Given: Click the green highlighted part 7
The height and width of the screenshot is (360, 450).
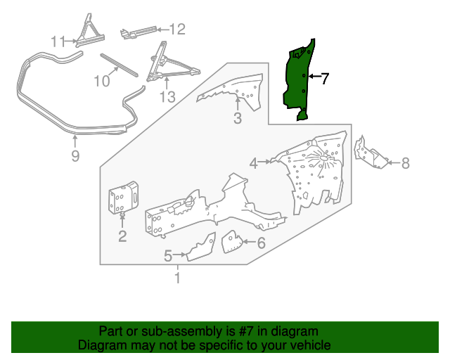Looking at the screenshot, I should coord(299,81).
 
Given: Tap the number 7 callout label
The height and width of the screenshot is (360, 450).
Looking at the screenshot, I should coord(325,79).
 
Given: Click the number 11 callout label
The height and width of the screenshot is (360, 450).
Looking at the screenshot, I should coord(58,41).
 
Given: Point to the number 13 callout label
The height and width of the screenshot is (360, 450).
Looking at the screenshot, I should coord(167,97).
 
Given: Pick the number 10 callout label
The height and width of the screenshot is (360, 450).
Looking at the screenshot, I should coord(102,80).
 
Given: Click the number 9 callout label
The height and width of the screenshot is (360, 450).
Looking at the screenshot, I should coord(75,156).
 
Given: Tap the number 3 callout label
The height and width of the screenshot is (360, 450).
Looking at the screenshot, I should coord(238,119).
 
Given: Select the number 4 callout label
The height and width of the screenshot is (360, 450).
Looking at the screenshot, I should coord(253,164).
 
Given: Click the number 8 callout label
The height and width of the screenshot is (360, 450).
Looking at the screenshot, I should coord(405,164).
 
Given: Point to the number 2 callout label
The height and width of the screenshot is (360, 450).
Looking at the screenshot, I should coord(122,236).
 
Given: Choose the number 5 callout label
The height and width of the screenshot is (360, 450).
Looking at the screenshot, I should coord(168,256).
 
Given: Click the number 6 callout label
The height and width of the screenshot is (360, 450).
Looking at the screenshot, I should coord(261,244).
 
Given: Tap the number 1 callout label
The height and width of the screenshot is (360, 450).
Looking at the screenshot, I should coord(177,279).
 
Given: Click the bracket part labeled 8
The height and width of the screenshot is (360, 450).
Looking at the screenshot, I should coord(371,153).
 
